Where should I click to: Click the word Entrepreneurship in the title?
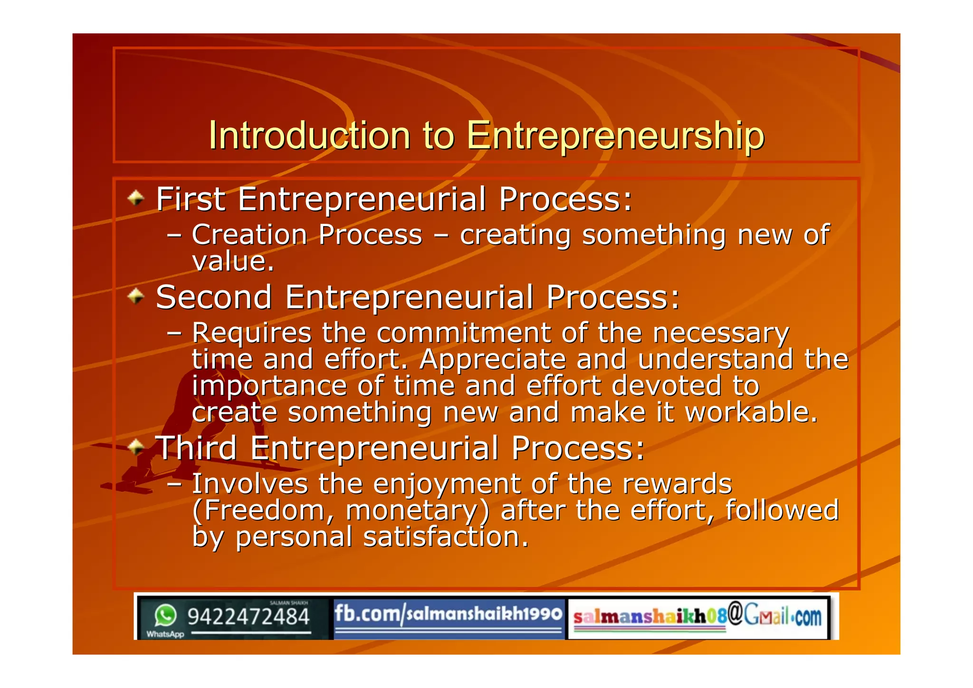tap(615, 137)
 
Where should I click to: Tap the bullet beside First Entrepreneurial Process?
tap(136, 198)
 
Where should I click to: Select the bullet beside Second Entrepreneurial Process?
tap(136, 296)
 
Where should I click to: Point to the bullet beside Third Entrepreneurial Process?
tap(136, 447)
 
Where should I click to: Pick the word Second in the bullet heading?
tap(214, 297)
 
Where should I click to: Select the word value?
tap(233, 261)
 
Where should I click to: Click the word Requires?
tap(252, 333)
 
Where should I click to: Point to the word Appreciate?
tap(493, 360)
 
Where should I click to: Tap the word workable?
tap(751, 412)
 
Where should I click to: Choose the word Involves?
tap(250, 484)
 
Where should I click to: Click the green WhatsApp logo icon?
tap(165, 615)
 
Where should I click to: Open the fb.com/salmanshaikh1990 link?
tap(448, 614)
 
